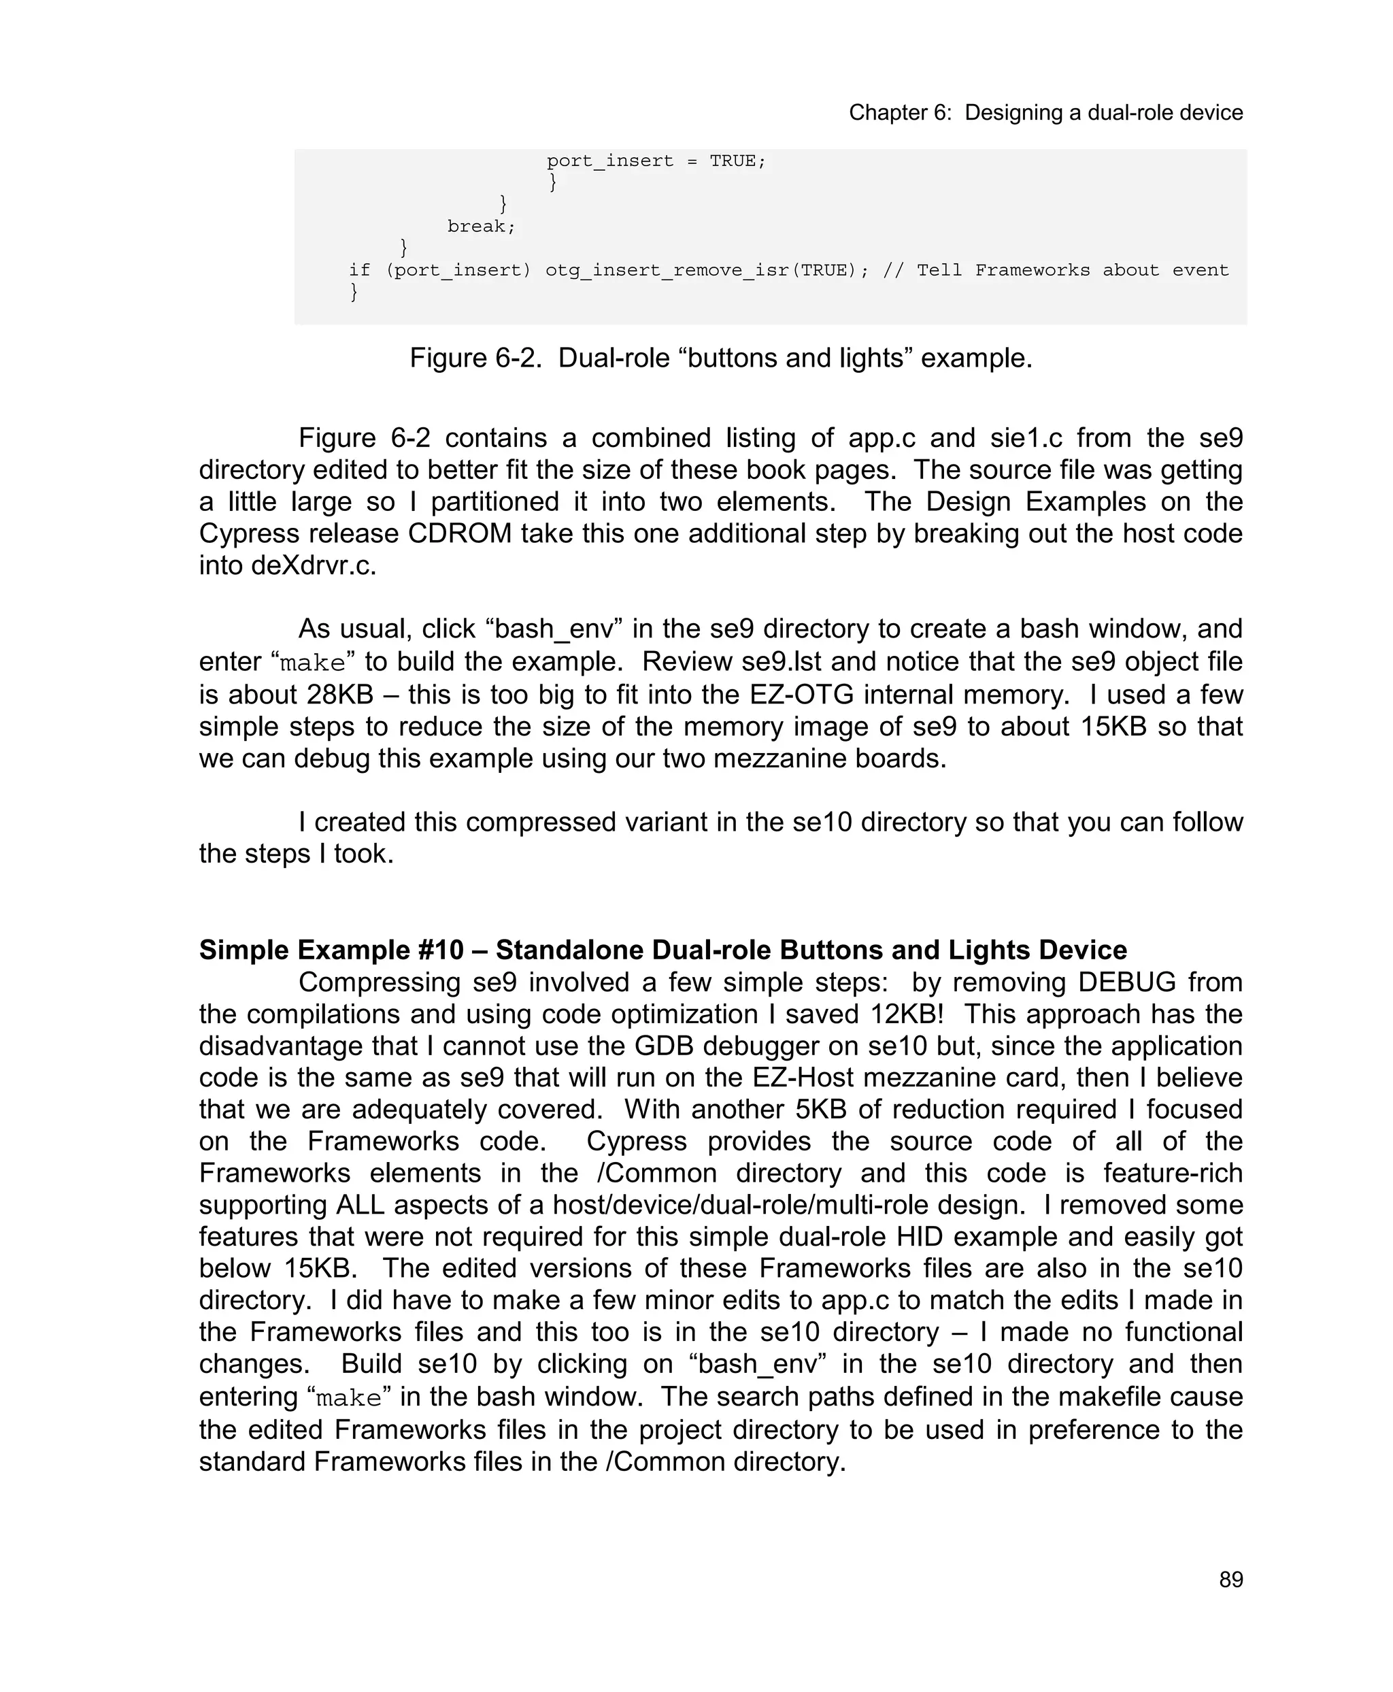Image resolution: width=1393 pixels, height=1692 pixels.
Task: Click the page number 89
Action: click(1230, 1580)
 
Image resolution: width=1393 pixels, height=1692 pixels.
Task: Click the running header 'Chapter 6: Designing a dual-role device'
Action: click(1045, 112)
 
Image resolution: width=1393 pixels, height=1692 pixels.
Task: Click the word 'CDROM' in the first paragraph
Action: click(460, 534)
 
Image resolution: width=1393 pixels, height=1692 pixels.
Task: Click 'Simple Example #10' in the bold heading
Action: click(331, 950)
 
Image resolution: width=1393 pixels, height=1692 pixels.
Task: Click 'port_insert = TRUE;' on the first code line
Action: click(656, 161)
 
